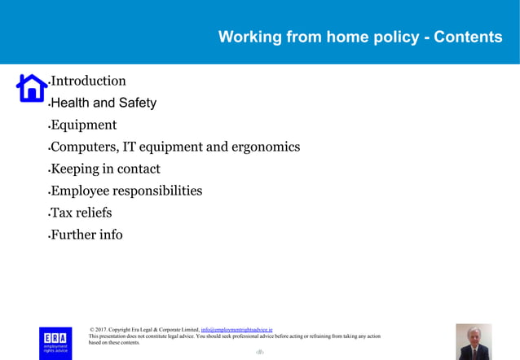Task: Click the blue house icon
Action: (32, 87)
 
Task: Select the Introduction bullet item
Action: (88, 81)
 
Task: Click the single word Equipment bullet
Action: (83, 125)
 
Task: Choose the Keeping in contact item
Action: (105, 169)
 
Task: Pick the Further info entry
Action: (86, 235)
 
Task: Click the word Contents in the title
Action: (468, 37)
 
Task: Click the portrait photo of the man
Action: (473, 341)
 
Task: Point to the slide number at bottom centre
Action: (260, 352)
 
